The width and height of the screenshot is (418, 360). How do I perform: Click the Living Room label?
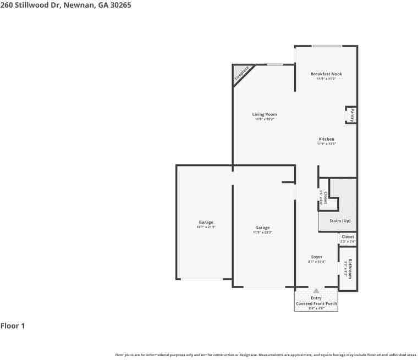click(264, 114)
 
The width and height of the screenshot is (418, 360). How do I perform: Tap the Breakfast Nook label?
click(326, 74)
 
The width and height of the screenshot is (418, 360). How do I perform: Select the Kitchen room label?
click(326, 139)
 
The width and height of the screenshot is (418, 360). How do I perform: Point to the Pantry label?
click(352, 115)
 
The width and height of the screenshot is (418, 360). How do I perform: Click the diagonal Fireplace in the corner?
click(241, 75)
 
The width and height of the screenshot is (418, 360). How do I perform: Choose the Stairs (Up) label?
click(339, 220)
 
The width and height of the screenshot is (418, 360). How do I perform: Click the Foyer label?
click(317, 257)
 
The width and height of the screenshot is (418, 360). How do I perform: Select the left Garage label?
click(206, 222)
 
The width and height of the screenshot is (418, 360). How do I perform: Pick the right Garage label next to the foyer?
click(262, 228)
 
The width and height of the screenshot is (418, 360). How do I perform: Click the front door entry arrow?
click(316, 290)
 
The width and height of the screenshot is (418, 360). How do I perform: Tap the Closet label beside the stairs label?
click(348, 237)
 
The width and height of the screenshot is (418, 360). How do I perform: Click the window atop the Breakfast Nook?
click(327, 46)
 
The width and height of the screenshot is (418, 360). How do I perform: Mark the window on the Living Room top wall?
click(275, 64)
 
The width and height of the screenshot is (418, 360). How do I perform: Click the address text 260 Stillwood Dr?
click(65, 5)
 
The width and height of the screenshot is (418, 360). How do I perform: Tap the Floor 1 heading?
click(13, 326)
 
